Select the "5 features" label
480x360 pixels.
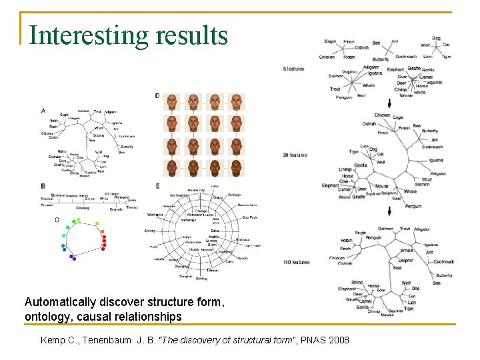coord(293,69)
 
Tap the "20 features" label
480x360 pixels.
coord(295,155)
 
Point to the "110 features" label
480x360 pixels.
coord(296,262)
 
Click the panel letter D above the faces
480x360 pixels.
coord(157,96)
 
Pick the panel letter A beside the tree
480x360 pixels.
coord(44,111)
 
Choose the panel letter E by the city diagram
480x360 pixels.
coord(157,186)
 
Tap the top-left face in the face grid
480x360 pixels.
coord(172,102)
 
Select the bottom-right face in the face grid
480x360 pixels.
coord(236,168)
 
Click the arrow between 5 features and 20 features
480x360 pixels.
coord(389,103)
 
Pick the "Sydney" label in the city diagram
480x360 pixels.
coord(150,231)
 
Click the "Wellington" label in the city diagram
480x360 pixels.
coord(155,215)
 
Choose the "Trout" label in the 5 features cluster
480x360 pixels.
coord(335,89)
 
